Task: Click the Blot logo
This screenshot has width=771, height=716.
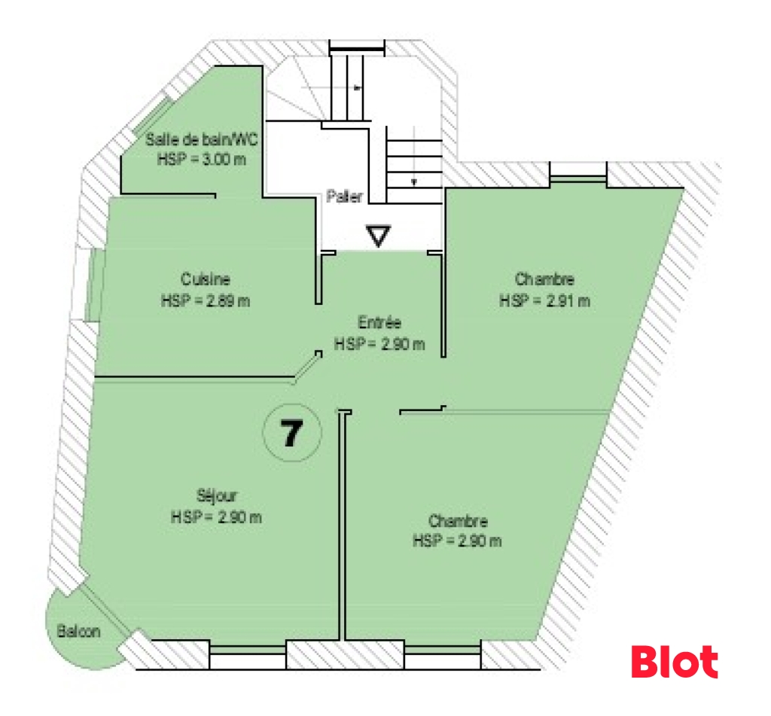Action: (x=675, y=661)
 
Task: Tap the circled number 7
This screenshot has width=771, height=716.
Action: (x=292, y=433)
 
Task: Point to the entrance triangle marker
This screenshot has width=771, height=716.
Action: (x=378, y=236)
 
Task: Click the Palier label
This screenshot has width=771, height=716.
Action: (x=344, y=197)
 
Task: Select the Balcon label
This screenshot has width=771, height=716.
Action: (x=78, y=631)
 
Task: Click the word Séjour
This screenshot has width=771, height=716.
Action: (x=217, y=495)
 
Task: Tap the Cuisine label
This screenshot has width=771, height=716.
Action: (x=206, y=279)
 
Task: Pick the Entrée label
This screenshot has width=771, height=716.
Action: (x=379, y=322)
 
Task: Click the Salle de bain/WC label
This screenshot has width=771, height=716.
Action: (x=202, y=139)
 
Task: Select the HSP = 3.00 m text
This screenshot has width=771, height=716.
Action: (x=202, y=160)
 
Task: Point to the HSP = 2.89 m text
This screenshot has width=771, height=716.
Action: (x=206, y=300)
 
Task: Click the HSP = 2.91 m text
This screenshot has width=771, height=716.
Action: (x=544, y=300)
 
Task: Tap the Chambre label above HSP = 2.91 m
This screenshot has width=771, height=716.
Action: (x=544, y=279)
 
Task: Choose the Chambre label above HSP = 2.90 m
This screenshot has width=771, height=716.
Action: (x=458, y=521)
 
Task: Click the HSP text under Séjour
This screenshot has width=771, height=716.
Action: (x=216, y=517)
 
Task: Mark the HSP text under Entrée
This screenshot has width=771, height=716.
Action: (x=379, y=344)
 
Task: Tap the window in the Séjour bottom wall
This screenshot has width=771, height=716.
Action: (x=247, y=650)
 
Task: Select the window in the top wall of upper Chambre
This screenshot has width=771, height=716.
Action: (x=577, y=180)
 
